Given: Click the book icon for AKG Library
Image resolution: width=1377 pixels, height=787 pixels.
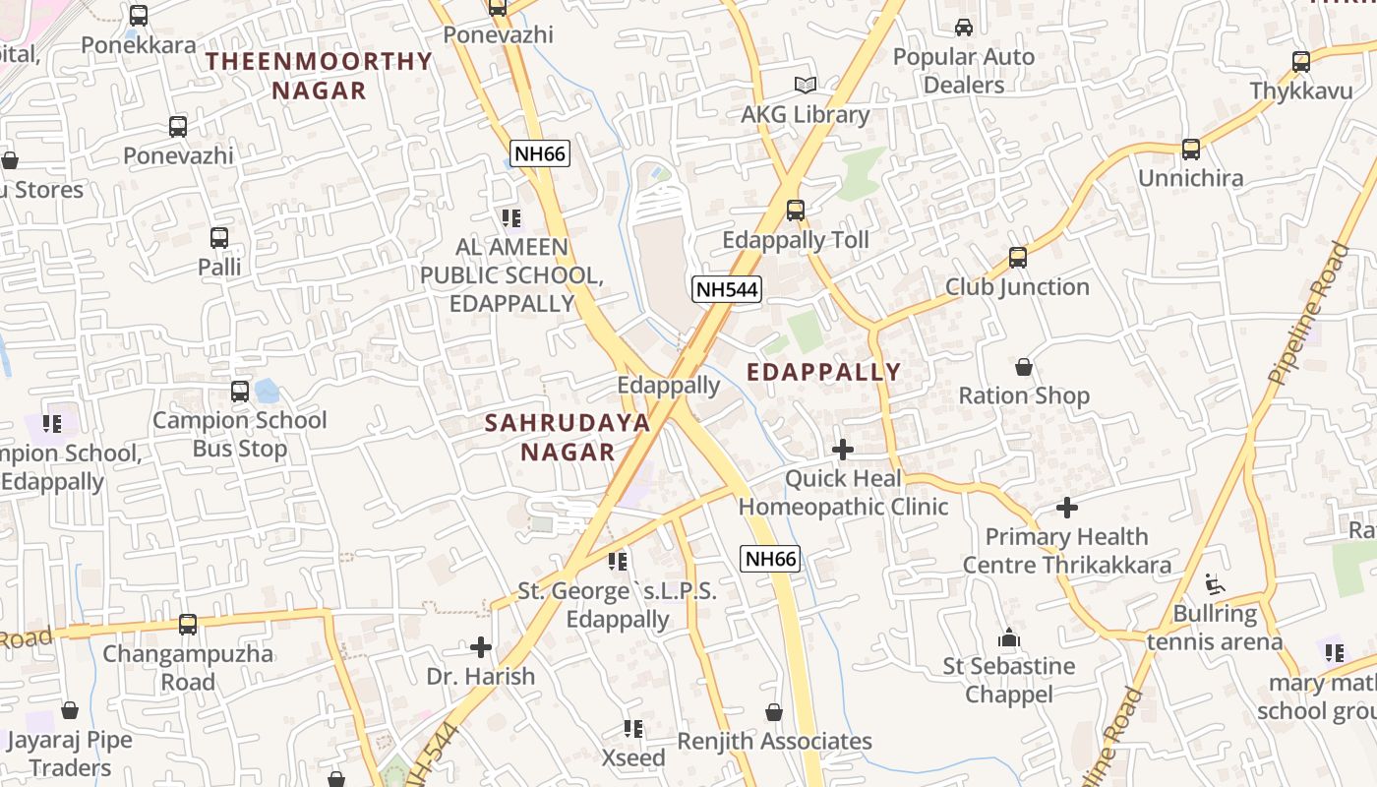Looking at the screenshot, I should pos(805,86).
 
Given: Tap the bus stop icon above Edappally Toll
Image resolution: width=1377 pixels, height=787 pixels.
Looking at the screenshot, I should pos(795,210).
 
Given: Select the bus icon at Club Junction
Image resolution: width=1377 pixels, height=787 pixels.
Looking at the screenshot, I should pos(1017,258).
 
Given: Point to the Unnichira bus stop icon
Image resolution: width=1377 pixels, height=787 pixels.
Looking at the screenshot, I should pos(1190,150).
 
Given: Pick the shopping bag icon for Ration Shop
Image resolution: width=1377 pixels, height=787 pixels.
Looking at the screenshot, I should pos(1024,367).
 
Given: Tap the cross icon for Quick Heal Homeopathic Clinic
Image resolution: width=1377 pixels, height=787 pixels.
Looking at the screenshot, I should pos(842,450).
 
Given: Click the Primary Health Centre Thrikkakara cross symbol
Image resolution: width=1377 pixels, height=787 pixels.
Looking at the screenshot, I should pos(1067,508).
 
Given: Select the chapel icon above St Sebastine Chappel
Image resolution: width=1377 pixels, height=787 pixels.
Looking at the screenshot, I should pos(1009,637).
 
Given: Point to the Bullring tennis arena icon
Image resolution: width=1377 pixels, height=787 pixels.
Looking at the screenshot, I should pos(1216,584).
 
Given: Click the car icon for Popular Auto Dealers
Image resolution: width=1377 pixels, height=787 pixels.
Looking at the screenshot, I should pos(964,28).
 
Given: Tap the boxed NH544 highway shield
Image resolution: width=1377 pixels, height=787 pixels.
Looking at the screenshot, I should pos(727,289).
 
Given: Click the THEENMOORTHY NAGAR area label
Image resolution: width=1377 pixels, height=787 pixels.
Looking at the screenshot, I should pos(319,76).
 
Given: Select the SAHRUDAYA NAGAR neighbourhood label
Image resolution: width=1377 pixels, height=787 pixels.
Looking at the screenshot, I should pos(568,438).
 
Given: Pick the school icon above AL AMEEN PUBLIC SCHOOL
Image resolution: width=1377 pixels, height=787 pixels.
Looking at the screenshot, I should pos(510,217).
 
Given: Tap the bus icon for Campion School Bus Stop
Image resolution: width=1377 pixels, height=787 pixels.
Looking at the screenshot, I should pos(239,392).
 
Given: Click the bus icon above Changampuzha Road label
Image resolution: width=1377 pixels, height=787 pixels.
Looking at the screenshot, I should pos(187,624).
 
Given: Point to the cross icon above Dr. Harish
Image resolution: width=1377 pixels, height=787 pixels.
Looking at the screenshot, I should pos(481,647).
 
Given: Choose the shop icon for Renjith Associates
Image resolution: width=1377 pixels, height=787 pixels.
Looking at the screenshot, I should pos(774,712).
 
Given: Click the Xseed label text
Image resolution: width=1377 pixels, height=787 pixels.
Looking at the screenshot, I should pos(633,758).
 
